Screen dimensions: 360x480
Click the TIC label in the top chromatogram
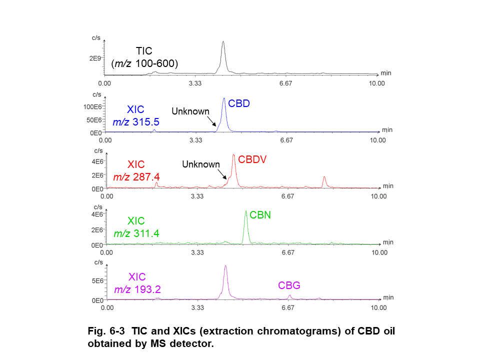(x=144, y=50)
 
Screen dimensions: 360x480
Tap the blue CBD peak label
(x=238, y=103)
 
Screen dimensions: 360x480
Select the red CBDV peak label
(x=252, y=159)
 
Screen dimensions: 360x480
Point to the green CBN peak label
(x=260, y=215)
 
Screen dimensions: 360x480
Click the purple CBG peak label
(x=289, y=285)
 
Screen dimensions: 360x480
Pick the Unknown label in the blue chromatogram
(x=190, y=111)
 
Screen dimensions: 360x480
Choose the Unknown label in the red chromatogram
(x=201, y=164)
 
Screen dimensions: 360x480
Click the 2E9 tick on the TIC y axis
(x=95, y=58)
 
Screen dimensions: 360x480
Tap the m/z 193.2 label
(x=137, y=289)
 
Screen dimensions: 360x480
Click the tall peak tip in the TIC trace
(x=223, y=42)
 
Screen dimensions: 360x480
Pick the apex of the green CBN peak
(x=246, y=211)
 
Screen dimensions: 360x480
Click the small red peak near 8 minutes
(x=324, y=177)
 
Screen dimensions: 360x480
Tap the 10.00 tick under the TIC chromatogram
(x=376, y=83)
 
